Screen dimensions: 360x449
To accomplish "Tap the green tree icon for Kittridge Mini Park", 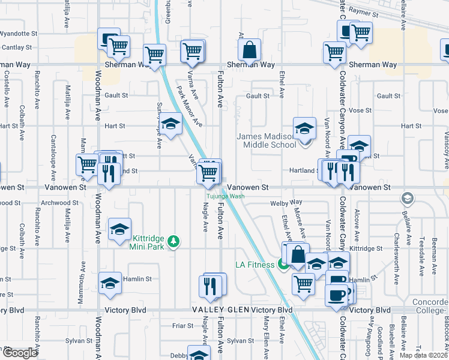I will pos(173,241).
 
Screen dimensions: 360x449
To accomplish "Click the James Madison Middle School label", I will pos(266,140).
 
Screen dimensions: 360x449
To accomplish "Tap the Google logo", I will pos(19,353).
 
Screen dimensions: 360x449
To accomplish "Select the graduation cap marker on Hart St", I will pos(170,124).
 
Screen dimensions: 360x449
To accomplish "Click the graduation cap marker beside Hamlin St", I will pos(110,283).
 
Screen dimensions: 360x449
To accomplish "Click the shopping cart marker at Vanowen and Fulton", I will pos(208,173).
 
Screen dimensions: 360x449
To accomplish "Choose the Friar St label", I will pos(182,326).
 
